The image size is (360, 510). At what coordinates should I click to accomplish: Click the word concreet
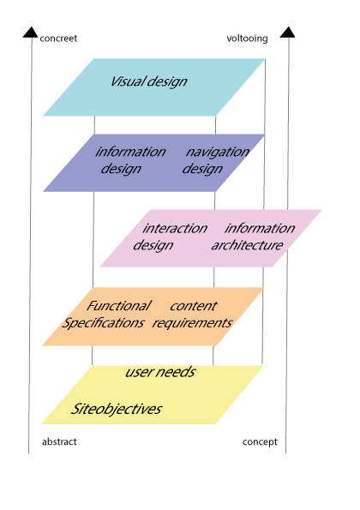[58, 39]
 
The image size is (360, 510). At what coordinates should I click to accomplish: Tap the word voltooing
[247, 39]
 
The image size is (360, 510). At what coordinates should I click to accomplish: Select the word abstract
[59, 441]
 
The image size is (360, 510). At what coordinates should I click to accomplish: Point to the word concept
[260, 442]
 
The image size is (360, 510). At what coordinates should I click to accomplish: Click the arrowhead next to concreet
[31, 33]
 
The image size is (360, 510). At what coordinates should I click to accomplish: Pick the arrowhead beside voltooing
[287, 33]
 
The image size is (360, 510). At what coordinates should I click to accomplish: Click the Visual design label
[148, 81]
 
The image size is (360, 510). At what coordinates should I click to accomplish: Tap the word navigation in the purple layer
[218, 152]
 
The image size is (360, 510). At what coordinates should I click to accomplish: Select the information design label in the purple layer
[130, 160]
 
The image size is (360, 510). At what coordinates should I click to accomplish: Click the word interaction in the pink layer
[175, 228]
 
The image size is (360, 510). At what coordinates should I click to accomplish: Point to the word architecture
[247, 245]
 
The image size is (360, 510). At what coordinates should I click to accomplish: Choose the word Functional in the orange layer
[118, 306]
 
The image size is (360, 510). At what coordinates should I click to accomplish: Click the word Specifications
[103, 323]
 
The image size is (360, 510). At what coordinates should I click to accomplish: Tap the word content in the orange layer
[194, 306]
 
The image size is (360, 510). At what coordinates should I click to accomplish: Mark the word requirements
[192, 323]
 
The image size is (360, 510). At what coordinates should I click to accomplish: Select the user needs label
[160, 372]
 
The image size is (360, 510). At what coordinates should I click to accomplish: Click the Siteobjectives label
[116, 409]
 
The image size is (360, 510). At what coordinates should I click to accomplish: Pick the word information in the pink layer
[260, 228]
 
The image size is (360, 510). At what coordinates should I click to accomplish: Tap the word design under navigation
[202, 169]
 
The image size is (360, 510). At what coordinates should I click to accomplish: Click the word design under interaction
[153, 245]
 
